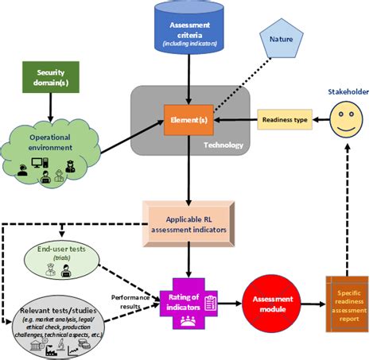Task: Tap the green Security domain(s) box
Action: [x=49, y=77]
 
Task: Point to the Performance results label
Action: [x=130, y=300]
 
